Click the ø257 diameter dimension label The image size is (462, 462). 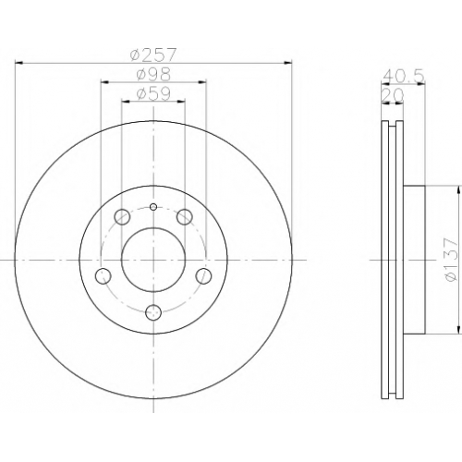(153, 55)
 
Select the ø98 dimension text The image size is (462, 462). (153, 74)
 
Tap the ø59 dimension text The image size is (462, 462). (153, 93)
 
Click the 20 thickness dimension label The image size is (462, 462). (393, 95)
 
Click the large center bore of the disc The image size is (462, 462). (153, 260)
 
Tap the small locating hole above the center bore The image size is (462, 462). (153, 207)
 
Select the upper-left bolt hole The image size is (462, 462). (122, 217)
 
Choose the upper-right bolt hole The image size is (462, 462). (185, 217)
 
